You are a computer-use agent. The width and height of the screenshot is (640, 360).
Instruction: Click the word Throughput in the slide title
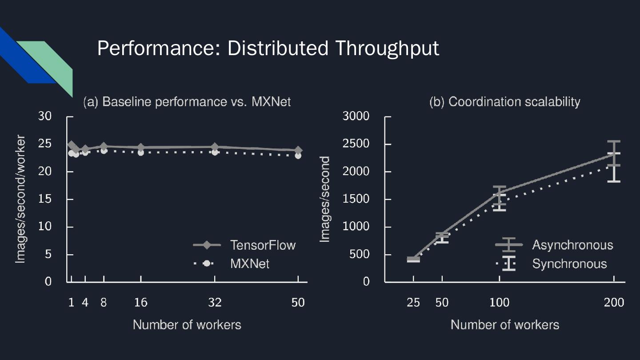point(387,48)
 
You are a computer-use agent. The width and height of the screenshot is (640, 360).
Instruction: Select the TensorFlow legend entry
point(262,245)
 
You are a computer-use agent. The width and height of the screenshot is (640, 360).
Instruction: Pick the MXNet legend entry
point(249,264)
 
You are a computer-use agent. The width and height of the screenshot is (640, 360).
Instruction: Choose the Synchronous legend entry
point(569,264)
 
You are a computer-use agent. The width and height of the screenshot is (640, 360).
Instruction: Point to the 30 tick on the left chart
point(45,116)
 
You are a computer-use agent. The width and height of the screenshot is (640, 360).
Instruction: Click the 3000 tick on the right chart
point(356,116)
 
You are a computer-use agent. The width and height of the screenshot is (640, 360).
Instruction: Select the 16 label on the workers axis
point(140,303)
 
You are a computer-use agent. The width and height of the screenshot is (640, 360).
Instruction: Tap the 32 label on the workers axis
point(215,303)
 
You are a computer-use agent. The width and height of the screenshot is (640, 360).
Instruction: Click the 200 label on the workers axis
point(614,303)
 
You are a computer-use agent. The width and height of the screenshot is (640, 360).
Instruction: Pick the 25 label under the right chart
point(413,303)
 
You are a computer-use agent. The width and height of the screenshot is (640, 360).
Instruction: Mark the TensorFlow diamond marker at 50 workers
point(298,150)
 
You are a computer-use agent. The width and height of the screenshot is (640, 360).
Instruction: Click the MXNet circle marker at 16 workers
point(141,152)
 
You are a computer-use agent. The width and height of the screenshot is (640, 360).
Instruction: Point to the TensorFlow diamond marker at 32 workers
point(215,147)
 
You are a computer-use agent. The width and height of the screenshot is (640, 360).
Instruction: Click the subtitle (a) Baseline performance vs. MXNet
point(187,102)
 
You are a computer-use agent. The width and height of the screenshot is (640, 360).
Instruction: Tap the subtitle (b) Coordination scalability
point(504,102)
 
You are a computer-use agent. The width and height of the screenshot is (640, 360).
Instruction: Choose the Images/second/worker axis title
point(20,199)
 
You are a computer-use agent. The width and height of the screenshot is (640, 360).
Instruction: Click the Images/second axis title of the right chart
point(325,199)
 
